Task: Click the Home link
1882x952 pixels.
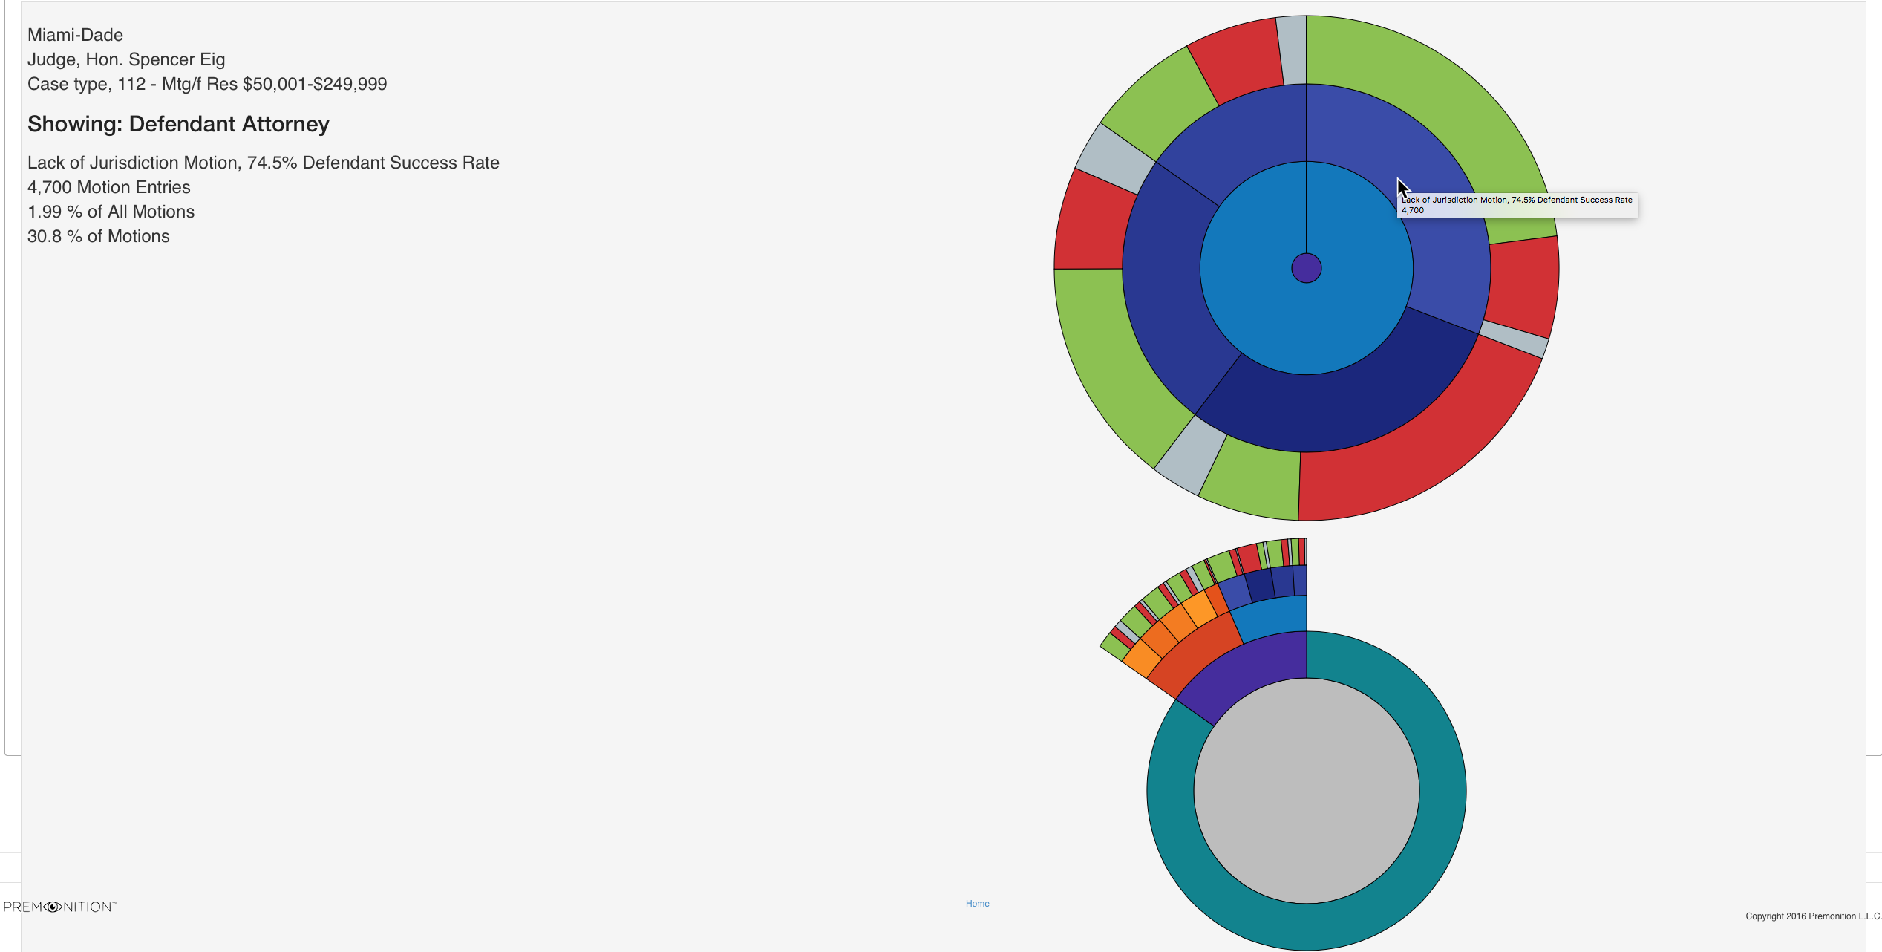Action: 977,904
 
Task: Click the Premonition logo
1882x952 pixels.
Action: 60,907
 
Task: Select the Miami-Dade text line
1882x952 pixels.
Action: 75,35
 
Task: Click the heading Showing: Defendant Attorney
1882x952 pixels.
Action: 178,124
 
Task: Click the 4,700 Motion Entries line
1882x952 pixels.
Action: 109,187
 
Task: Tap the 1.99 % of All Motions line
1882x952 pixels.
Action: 111,212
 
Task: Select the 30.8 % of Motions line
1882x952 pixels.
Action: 99,236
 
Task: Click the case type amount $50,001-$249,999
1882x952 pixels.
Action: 315,84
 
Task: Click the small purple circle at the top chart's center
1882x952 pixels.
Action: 1306,268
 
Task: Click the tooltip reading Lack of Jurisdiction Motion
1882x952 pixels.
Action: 1517,205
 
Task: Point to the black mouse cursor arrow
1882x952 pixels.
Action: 1402,188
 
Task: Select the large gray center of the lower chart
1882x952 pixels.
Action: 1306,791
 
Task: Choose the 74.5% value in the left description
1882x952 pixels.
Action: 272,163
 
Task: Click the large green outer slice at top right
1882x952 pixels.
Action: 1448,111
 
